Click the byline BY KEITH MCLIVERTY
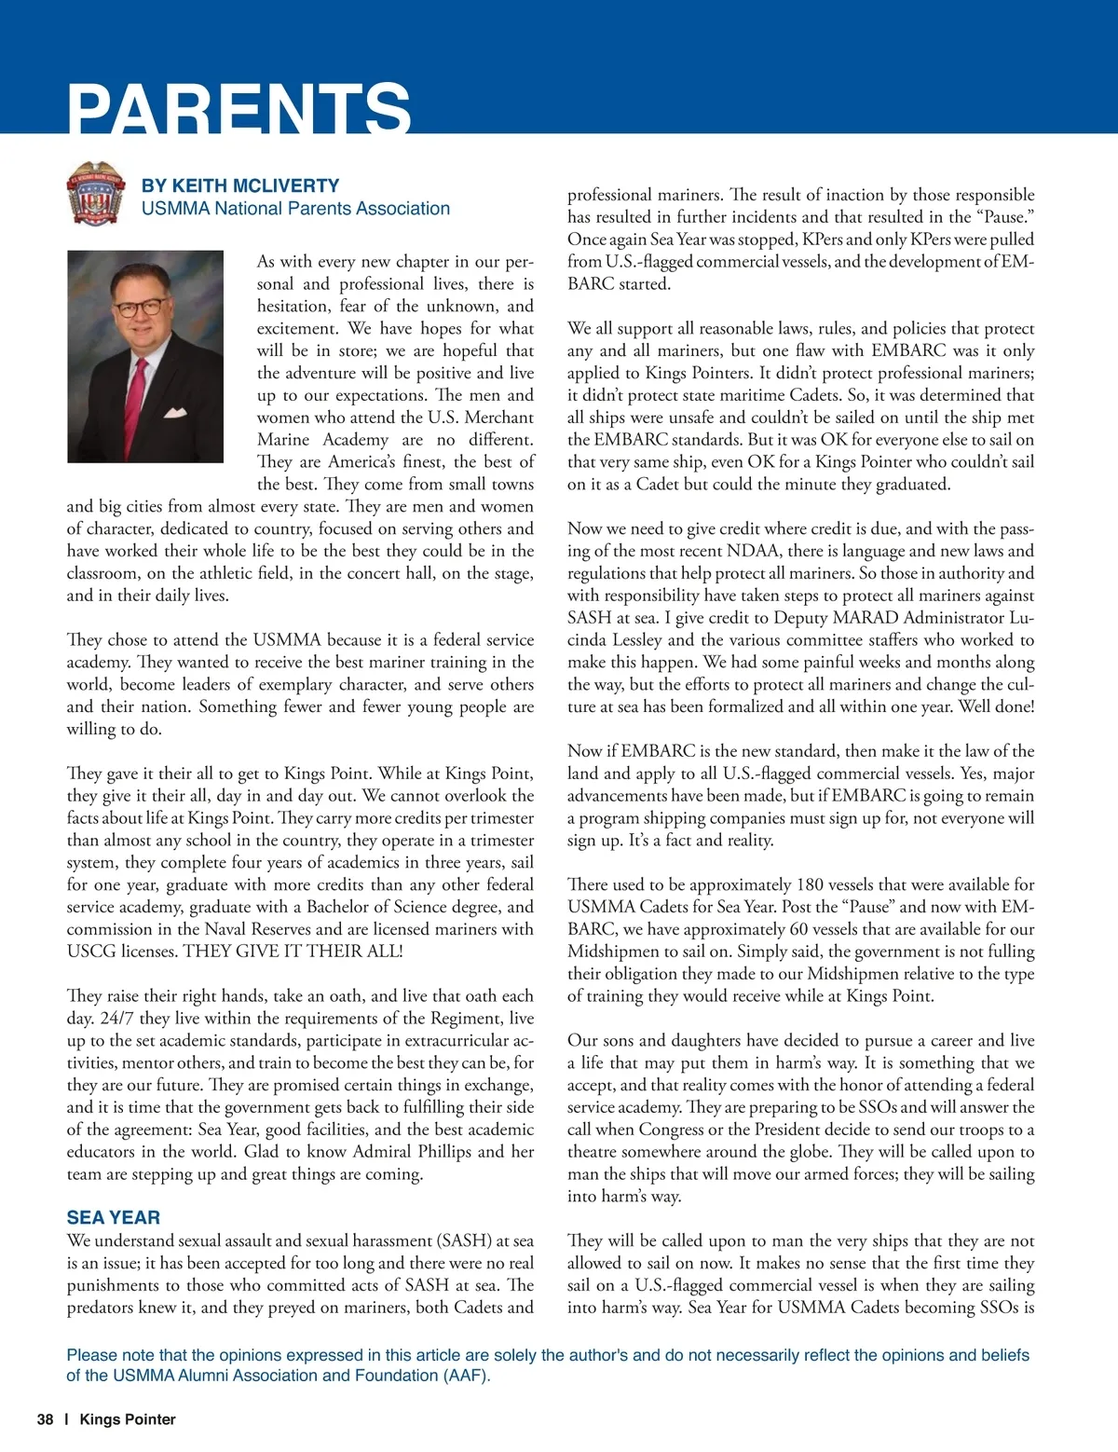click(x=239, y=185)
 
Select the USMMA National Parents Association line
click(x=295, y=209)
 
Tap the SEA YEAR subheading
click(x=113, y=1217)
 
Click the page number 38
click(x=45, y=1419)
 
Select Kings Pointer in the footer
click(x=128, y=1419)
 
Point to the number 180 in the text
click(x=810, y=884)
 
